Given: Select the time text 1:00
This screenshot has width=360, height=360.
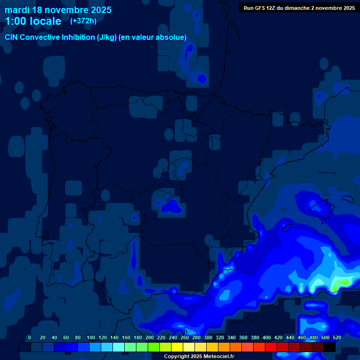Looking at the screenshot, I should (x=15, y=21).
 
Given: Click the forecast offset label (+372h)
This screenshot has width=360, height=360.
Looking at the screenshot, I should (x=83, y=21).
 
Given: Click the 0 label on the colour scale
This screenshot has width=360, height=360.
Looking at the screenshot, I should (x=30, y=337).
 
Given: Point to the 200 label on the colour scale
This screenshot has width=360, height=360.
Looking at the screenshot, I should (x=150, y=337).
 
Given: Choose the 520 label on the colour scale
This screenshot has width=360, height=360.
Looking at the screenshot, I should (x=337, y=337).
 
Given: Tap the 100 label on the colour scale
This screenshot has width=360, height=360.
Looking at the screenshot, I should (x=90, y=337).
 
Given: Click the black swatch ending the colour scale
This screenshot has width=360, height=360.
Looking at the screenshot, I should (x=330, y=347).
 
